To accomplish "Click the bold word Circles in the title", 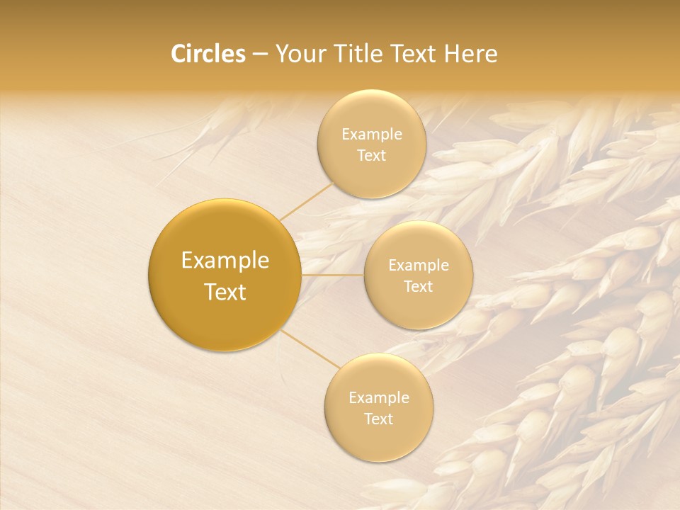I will (x=208, y=54).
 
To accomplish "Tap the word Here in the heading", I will (x=470, y=54).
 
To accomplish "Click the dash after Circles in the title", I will (x=259, y=55).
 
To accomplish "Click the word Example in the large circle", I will (x=225, y=261).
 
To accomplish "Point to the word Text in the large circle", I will (x=225, y=292).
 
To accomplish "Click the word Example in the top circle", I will (x=371, y=135).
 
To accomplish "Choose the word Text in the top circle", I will (x=371, y=156).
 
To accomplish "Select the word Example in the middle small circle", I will (x=419, y=266).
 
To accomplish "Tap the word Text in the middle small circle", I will (x=419, y=287).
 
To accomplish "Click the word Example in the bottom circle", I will (x=379, y=398).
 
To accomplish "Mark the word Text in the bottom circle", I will (x=379, y=419).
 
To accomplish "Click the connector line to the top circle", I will (x=306, y=200).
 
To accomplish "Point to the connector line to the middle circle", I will (x=333, y=275).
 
